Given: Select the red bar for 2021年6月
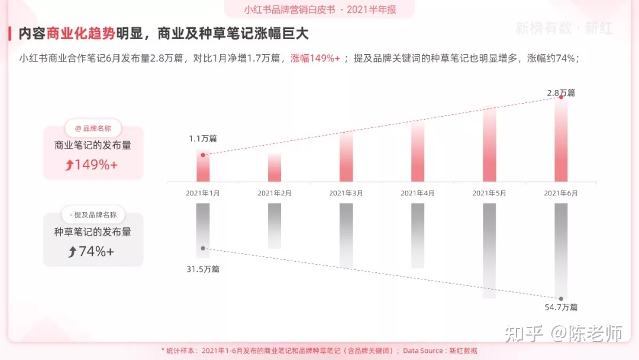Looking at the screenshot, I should [x=561, y=139].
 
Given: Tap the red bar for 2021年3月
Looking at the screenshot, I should [x=346, y=156].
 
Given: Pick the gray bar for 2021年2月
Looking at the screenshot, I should [x=275, y=226].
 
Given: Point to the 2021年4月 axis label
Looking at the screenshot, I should [x=418, y=193].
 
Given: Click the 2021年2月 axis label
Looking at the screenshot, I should [x=275, y=193].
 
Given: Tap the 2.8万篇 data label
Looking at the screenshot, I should [x=560, y=92].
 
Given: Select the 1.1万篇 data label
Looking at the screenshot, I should [x=203, y=139].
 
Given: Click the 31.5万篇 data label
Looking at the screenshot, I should [x=203, y=269].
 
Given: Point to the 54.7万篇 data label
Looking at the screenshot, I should [x=561, y=307].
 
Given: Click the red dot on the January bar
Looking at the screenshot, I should [x=203, y=155].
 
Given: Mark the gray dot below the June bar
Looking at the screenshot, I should [x=561, y=298].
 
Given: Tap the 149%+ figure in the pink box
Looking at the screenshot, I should [x=92, y=165].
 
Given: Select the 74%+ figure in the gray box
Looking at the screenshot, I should [x=92, y=252].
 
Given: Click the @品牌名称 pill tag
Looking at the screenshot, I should [x=93, y=128].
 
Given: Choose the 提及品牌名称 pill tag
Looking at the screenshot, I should [x=93, y=215].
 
